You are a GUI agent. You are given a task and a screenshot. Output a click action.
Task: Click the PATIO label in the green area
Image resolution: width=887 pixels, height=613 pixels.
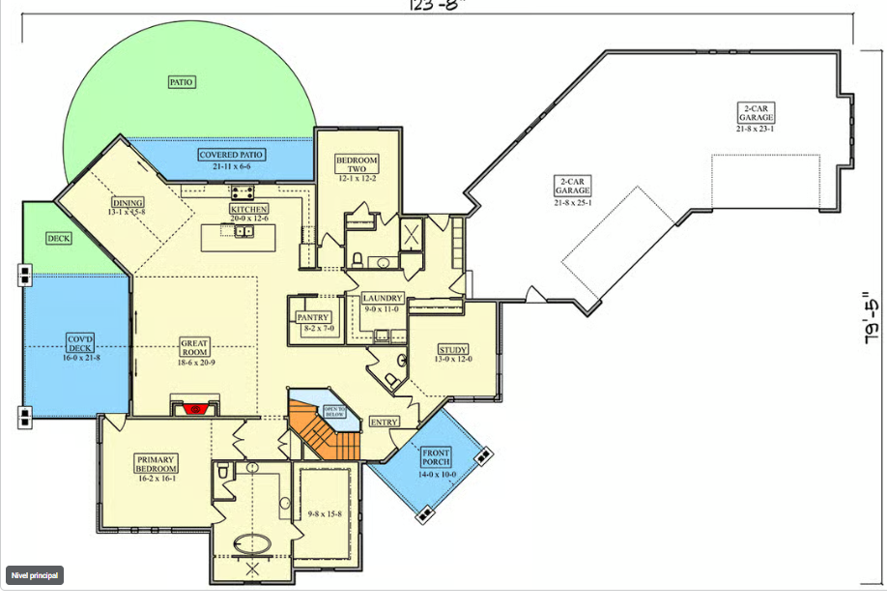click(x=182, y=82)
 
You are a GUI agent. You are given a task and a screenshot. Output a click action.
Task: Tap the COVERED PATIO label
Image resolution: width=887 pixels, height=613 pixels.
click(x=231, y=155)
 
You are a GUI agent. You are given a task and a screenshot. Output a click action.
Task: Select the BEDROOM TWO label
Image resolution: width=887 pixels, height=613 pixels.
click(x=357, y=163)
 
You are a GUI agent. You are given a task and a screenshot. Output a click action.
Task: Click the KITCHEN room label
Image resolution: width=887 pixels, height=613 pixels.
click(x=249, y=209)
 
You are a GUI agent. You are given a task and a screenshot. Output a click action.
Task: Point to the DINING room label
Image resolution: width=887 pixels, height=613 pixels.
click(x=128, y=203)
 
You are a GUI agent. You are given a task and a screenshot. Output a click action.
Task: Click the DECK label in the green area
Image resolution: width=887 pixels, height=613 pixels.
click(x=59, y=238)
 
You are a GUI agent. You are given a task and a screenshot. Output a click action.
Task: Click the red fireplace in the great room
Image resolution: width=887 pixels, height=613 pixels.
click(x=196, y=408)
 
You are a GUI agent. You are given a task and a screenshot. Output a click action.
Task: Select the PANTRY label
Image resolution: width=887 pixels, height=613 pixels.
click(x=313, y=317)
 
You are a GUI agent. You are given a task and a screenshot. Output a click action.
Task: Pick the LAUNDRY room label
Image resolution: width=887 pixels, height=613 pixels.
click(x=383, y=299)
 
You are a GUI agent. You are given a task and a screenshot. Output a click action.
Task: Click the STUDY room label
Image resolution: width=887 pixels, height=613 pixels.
click(x=452, y=350)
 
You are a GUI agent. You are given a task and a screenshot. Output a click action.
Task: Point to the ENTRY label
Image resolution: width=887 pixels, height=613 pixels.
click(x=385, y=422)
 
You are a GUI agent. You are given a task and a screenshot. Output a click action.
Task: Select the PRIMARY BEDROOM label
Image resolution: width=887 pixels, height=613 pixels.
click(x=156, y=464)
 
